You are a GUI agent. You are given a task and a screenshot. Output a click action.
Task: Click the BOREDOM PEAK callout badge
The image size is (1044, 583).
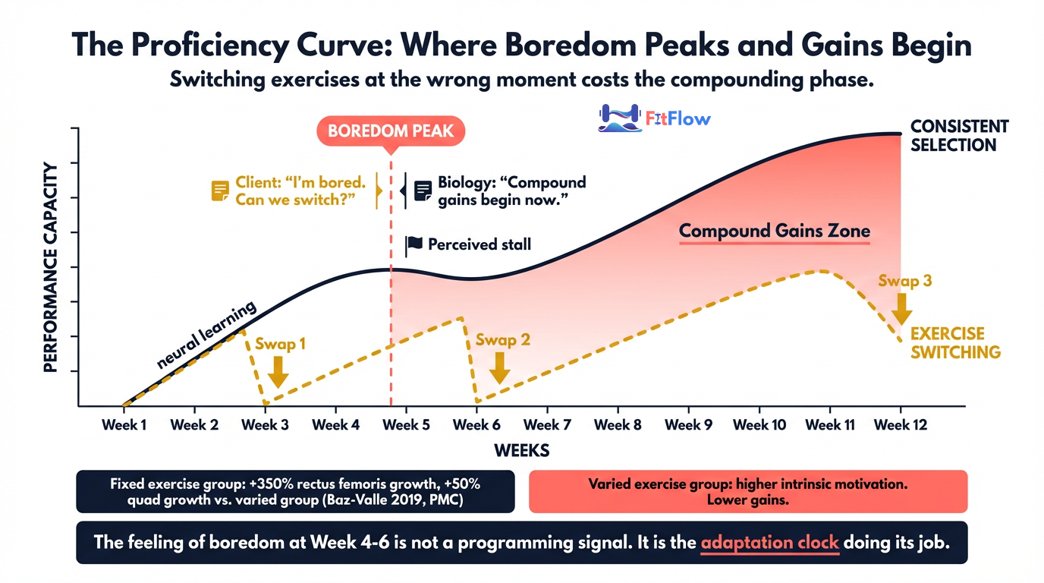point(390,131)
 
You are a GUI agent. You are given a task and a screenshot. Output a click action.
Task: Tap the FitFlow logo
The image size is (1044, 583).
point(654,118)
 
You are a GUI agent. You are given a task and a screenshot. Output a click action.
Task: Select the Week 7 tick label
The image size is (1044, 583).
point(547,425)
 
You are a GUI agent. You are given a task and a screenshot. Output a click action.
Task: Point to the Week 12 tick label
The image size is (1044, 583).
point(901,425)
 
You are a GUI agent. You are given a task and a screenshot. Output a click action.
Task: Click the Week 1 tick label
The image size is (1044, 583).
point(124,425)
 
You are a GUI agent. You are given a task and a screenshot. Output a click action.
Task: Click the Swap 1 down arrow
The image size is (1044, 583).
point(278,370)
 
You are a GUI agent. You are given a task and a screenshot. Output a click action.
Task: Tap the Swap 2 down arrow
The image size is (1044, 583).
point(498,367)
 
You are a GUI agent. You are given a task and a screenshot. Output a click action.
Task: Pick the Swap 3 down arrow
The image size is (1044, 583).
point(902,308)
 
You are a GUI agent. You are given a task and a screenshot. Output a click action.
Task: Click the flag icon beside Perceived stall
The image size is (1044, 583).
point(414,244)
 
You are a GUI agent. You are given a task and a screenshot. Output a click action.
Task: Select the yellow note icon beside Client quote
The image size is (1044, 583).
point(220,191)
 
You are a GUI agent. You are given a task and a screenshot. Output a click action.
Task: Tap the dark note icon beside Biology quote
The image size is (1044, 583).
point(423,191)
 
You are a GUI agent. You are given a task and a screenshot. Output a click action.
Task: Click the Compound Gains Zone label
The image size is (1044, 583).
point(774,231)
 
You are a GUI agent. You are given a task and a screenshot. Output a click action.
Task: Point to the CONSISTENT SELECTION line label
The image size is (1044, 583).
point(959,135)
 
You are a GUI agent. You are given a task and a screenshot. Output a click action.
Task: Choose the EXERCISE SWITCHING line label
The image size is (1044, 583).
point(955,343)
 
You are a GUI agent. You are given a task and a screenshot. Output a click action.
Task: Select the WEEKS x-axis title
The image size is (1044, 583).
point(521,451)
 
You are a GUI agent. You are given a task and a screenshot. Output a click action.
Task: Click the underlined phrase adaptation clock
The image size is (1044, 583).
point(769,543)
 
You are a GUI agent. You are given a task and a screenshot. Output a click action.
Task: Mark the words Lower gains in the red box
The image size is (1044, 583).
point(747,500)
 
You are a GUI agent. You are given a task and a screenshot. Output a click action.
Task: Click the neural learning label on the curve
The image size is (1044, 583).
point(206,335)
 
